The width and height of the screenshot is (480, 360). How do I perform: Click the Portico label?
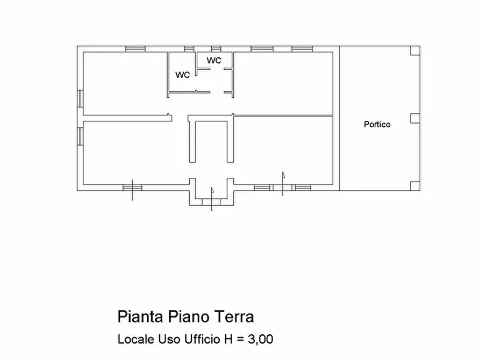pos(377,124)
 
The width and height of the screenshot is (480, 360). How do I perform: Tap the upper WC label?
pos(214,60)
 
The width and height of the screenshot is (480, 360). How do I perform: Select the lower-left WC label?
pos(182,75)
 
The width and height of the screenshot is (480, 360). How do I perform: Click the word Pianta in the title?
pos(140,316)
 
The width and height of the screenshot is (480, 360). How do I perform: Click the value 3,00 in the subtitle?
pos(260,339)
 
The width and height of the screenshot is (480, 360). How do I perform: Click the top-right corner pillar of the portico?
pos(415,51)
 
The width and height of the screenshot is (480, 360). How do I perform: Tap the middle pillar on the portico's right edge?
pos(415,118)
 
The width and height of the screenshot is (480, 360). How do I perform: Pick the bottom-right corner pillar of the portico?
pos(415,186)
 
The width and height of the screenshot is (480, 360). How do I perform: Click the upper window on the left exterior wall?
pos(80,98)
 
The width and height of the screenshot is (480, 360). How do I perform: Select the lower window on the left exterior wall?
pos(80,136)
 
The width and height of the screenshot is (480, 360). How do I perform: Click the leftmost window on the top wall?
pos(135,49)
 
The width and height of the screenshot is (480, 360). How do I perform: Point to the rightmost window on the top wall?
pos(302,49)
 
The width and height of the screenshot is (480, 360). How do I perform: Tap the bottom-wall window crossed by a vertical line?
pos(132,188)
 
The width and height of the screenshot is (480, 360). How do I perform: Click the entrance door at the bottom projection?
pos(211,202)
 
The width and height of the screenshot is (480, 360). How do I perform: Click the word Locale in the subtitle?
pos(136,339)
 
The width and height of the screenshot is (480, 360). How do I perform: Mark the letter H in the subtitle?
pos(228,339)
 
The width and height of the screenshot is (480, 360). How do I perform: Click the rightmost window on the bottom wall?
pos(303,188)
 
